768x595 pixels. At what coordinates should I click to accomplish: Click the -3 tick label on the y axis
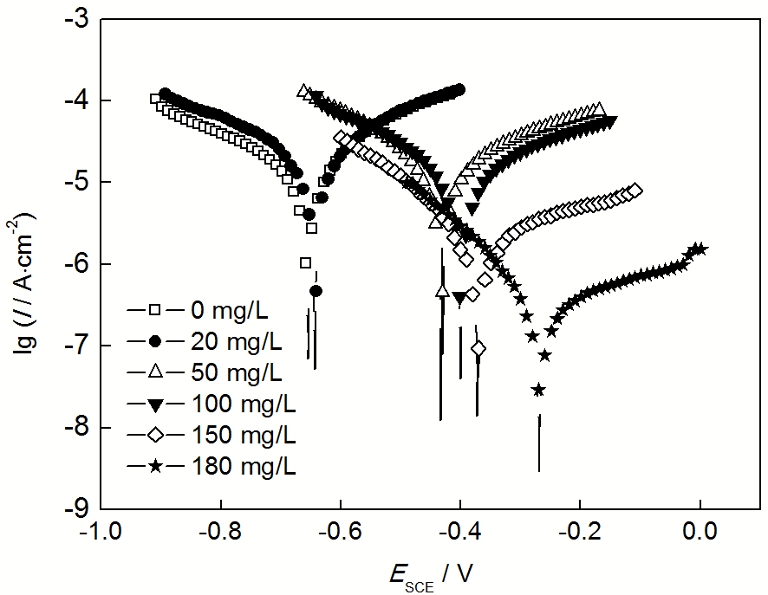pyautogui.click(x=76, y=18)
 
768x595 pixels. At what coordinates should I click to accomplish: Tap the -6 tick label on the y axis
pyautogui.click(x=76, y=264)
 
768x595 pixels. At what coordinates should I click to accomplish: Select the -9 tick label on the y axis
pyautogui.click(x=76, y=509)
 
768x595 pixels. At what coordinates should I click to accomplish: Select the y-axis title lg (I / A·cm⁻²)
pyautogui.click(x=33, y=263)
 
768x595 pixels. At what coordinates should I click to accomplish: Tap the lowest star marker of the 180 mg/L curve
pyautogui.click(x=538, y=390)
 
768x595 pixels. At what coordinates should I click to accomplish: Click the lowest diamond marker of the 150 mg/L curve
pyautogui.click(x=478, y=348)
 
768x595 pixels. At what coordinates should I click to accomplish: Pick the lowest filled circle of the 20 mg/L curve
pyautogui.click(x=316, y=291)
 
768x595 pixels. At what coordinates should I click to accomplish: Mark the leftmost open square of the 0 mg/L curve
pyautogui.click(x=156, y=99)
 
